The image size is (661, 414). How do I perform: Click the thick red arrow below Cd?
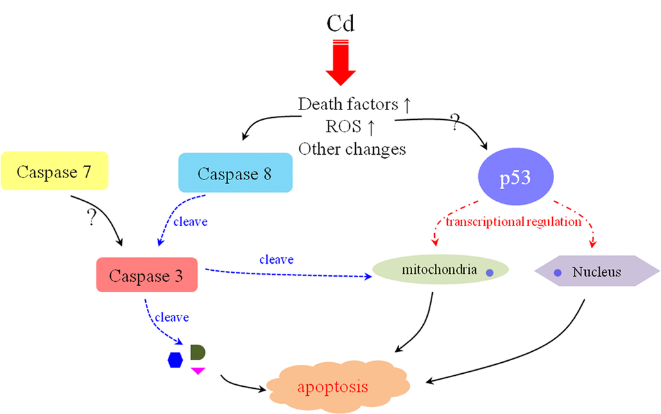tap(340, 65)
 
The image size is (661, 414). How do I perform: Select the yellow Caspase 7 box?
tap(54, 172)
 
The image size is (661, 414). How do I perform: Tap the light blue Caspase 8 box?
tap(235, 174)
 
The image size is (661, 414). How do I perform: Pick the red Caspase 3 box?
tap(146, 275)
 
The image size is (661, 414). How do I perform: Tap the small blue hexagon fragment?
tap(176, 360)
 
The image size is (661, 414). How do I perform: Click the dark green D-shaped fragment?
tap(197, 352)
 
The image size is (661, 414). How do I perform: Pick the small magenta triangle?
tap(198, 371)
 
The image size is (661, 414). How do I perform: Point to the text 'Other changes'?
tap(352, 148)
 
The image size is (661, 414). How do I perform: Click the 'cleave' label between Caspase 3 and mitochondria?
tap(276, 259)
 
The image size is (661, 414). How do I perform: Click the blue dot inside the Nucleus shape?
tap(557, 273)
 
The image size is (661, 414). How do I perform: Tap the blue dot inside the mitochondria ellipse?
tap(490, 274)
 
